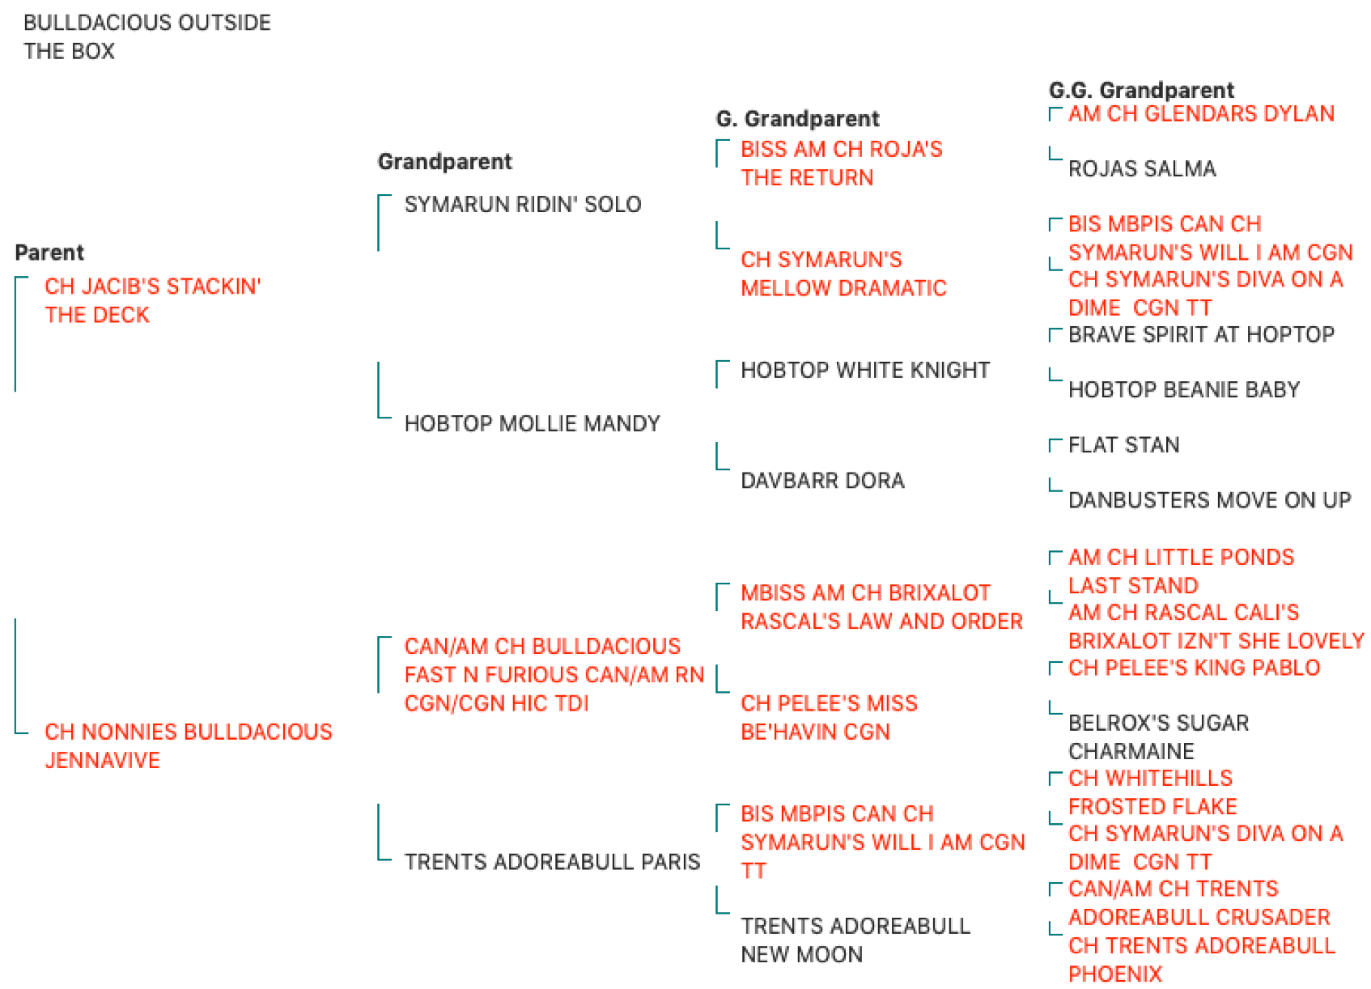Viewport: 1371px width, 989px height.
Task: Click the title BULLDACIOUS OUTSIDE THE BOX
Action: coord(147,36)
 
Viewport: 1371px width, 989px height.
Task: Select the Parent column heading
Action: coord(49,253)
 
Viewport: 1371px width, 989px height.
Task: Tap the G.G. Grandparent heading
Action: coord(1141,91)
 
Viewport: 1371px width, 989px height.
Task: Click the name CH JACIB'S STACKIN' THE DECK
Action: coord(152,300)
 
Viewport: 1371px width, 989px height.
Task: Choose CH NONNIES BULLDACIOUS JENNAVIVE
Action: coord(189,746)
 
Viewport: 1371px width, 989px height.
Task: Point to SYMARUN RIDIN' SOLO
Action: coord(523,205)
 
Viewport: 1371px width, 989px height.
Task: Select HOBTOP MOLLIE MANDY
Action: coord(532,423)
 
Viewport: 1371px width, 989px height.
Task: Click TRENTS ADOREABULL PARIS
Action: coord(552,862)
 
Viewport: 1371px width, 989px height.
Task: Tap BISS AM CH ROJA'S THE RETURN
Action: coord(842,163)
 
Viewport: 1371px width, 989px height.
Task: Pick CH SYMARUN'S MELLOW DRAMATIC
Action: coord(843,274)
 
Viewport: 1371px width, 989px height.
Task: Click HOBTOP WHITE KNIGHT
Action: coord(865,370)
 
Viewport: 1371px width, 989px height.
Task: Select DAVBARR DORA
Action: coord(822,481)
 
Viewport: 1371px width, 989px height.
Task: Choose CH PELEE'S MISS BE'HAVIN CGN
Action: coord(829,717)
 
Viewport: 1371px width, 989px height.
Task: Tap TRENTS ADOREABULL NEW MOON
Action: coord(855,940)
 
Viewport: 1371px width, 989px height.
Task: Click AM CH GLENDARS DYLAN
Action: coord(1201,114)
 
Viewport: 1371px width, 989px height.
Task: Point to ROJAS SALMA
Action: coord(1142,169)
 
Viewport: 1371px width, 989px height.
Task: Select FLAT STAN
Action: coord(1123,445)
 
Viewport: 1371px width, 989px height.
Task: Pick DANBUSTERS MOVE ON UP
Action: coord(1209,500)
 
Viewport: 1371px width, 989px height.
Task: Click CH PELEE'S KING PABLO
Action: coord(1194,668)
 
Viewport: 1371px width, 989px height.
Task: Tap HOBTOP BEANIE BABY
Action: coord(1184,390)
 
